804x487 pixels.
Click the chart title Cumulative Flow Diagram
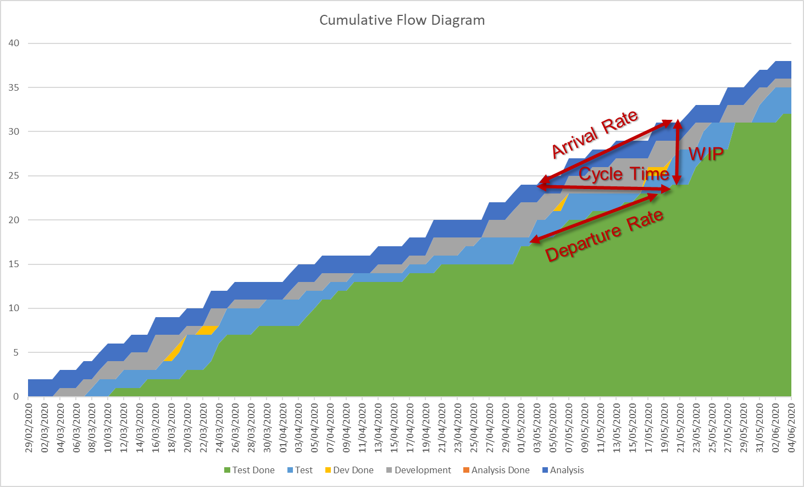(402, 20)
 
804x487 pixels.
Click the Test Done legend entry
(249, 470)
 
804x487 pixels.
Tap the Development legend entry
(418, 470)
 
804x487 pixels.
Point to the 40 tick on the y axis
(14, 43)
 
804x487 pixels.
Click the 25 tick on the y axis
(14, 176)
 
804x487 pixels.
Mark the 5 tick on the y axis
(16, 352)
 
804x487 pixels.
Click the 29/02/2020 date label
(29, 428)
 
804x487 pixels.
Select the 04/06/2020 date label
(791, 428)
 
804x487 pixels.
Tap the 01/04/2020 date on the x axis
(283, 428)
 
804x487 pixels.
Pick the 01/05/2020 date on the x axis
(521, 428)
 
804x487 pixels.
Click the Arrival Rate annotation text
(595, 133)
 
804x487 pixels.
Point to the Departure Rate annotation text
(604, 236)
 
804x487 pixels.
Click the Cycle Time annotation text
(624, 174)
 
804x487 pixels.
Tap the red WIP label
(706, 153)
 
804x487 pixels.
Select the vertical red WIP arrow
(678, 152)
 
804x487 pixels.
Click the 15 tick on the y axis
(14, 264)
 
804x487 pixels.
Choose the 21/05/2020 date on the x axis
(680, 428)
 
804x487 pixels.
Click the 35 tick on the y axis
(14, 87)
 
